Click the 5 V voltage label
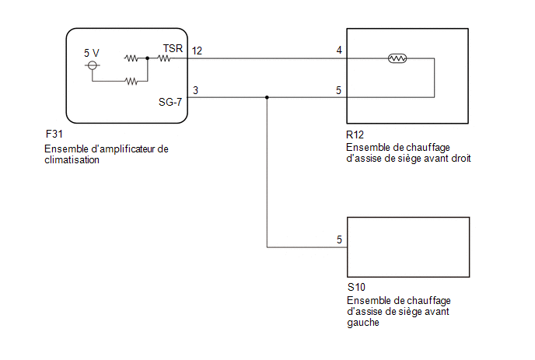(92, 53)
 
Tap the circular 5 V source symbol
(92, 65)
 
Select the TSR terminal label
(173, 48)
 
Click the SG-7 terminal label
(170, 102)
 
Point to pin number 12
(197, 51)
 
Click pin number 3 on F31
(195, 90)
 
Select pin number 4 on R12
(339, 51)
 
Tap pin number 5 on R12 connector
(338, 90)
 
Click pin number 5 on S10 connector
(339, 239)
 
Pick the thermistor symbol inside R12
(397, 58)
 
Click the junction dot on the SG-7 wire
(267, 98)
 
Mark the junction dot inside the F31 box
(148, 58)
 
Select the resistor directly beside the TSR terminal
(164, 58)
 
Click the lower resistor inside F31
(131, 81)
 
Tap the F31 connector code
(54, 134)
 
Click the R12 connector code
(355, 135)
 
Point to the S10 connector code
(356, 288)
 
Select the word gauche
(363, 323)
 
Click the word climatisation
(72, 159)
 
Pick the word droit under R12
(461, 159)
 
